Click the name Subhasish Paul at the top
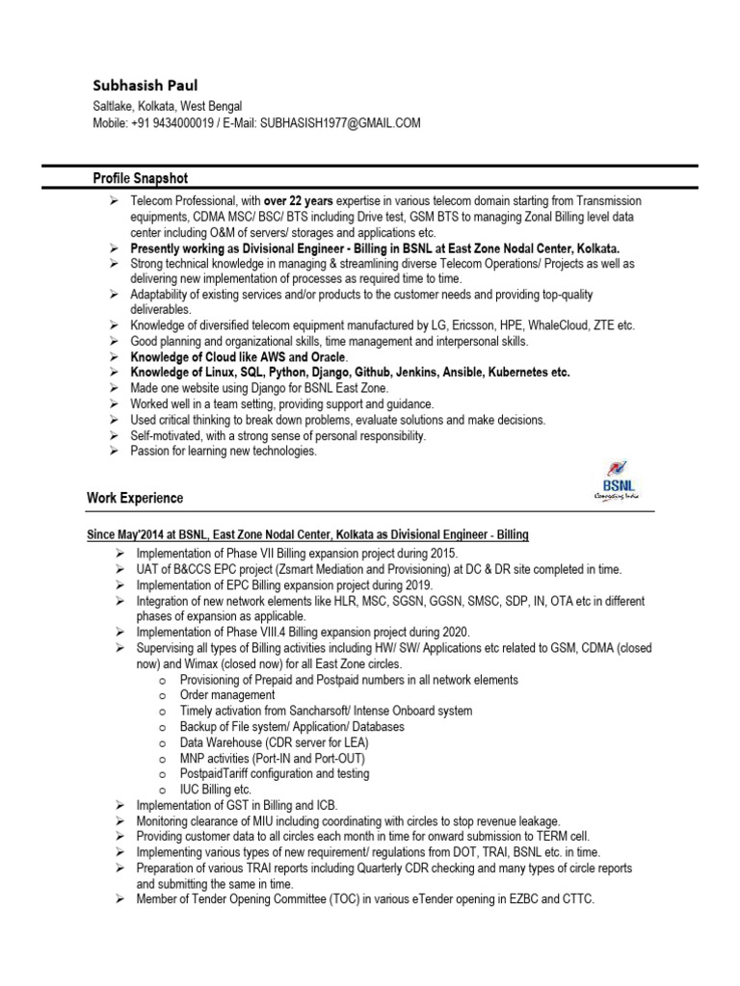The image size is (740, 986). point(145,86)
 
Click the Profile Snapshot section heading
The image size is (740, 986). point(140,178)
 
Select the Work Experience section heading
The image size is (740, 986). point(135,498)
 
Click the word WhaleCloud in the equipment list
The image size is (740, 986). point(547,325)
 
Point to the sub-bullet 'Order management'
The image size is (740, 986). point(227,695)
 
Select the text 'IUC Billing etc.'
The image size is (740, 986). point(216,790)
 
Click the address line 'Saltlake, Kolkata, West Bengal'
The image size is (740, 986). point(168,106)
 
